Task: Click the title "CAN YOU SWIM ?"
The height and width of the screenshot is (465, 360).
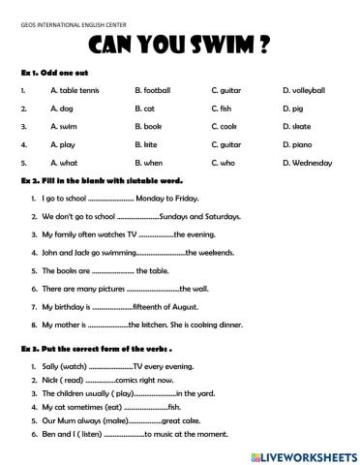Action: [180, 46]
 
